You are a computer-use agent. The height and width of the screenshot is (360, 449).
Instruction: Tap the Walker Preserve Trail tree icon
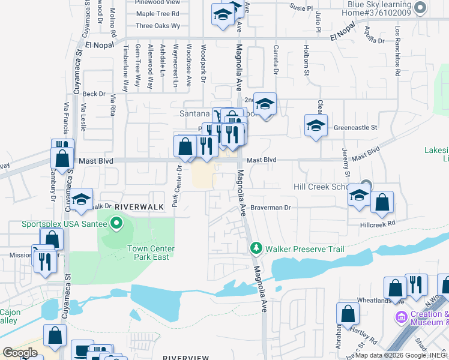[256, 248]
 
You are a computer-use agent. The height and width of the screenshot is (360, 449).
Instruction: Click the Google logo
[20, 353]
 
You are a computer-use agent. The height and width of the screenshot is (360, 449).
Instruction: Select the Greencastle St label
[355, 128]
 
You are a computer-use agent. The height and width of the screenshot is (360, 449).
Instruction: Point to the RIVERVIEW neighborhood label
[186, 358]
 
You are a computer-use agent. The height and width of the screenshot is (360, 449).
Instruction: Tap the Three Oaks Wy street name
[158, 26]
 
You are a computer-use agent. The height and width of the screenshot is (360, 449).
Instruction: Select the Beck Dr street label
[94, 94]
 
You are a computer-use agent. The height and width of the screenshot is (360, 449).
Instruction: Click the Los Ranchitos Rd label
[397, 52]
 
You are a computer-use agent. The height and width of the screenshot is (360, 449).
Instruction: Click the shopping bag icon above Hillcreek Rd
[382, 203]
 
